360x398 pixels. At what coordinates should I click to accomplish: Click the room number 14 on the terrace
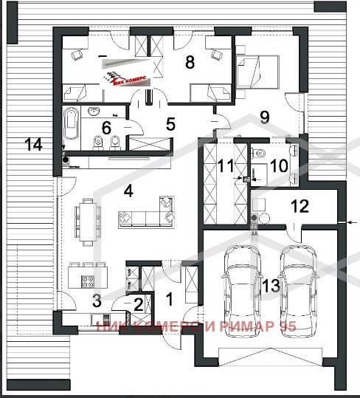pos(32,144)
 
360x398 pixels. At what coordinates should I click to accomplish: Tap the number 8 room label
pos(190,63)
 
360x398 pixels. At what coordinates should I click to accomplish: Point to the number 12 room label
pos(299,206)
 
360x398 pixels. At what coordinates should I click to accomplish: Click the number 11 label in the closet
pos(226,166)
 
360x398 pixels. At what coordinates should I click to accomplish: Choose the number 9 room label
pos(265,116)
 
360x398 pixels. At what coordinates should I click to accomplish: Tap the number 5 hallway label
pos(170,124)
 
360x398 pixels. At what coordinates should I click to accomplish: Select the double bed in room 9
pos(258,72)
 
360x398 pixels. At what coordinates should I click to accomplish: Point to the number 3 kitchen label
pos(96,300)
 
